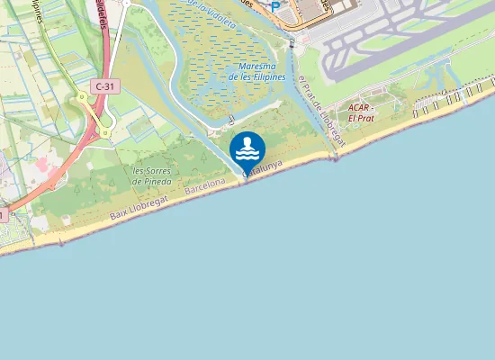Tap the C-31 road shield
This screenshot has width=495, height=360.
pyautogui.click(x=103, y=85)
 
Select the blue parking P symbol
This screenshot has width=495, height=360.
pyautogui.click(x=275, y=6)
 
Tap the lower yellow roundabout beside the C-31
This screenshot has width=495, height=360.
pyautogui.click(x=105, y=132)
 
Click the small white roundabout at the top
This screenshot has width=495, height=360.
pyautogui.click(x=125, y=3)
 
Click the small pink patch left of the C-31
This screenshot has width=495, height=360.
pyautogui.click(x=41, y=166)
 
